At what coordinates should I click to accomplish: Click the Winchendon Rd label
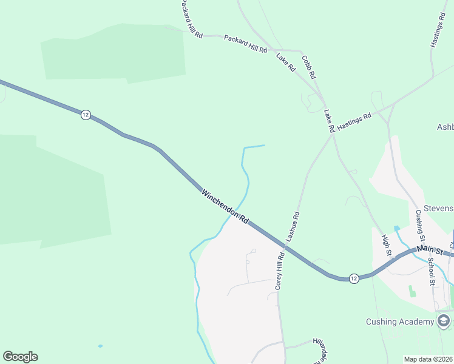pos(225,207)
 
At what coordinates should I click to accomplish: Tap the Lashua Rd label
pos(293,227)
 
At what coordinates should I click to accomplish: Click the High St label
pos(386,246)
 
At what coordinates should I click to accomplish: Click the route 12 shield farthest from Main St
pos(86,115)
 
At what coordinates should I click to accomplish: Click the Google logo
pos(20,357)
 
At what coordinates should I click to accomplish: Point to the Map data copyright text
pos(428,359)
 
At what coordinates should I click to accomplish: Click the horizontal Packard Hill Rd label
pos(245,44)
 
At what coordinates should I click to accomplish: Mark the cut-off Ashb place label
pos(445,127)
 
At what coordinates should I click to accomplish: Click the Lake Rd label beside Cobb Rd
pos(285,62)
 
